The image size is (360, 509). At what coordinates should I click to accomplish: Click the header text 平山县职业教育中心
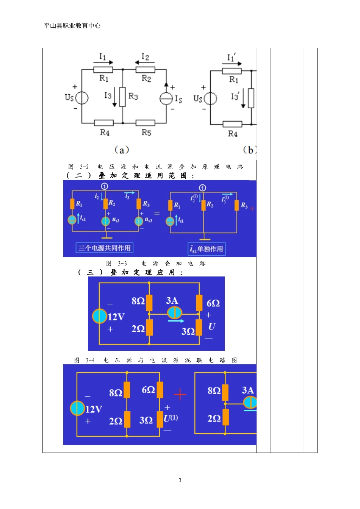click(x=72, y=25)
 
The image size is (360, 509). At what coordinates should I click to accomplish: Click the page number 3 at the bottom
click(x=180, y=480)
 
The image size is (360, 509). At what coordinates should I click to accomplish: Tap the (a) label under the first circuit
click(x=122, y=150)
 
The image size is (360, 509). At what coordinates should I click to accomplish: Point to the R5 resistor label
click(x=146, y=132)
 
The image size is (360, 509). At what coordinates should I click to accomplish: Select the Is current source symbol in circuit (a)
click(x=166, y=98)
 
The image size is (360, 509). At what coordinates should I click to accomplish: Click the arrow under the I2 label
click(x=145, y=62)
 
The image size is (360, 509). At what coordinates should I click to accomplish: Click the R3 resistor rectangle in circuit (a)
click(x=122, y=97)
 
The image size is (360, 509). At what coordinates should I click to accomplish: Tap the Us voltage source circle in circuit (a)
click(x=81, y=98)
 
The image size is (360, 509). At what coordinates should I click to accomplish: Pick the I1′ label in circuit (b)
click(x=231, y=57)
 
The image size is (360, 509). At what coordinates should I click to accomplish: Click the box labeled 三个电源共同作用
click(x=104, y=248)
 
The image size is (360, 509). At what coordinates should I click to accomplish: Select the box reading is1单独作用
click(x=207, y=249)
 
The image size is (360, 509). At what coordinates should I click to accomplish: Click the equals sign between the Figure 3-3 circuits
click(x=157, y=213)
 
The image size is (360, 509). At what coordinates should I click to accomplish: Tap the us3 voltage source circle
click(x=138, y=221)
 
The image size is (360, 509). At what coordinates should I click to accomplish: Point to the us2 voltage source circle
click(x=105, y=221)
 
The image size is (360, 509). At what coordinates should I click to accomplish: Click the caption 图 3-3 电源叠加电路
click(x=156, y=263)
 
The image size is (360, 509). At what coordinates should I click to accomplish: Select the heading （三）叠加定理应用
click(x=130, y=272)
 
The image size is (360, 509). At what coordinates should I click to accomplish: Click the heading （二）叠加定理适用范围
click(x=130, y=175)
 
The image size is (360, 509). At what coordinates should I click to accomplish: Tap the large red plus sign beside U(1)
click(x=180, y=394)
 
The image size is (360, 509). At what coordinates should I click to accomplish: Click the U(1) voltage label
click(x=171, y=418)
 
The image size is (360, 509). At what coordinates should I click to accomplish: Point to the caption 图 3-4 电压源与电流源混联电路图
click(x=155, y=360)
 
